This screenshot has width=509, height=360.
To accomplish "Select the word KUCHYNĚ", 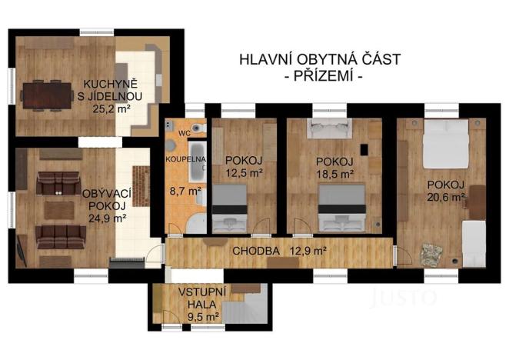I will (101, 84).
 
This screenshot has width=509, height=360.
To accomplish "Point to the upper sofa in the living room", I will (58, 182).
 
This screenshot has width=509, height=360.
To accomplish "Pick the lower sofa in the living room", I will (58, 232).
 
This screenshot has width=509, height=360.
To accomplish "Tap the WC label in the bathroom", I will (184, 133).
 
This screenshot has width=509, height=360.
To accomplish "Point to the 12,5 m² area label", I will (245, 173).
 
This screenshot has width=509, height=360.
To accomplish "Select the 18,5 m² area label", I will (335, 174).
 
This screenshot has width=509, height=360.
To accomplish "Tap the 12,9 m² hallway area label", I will (307, 250).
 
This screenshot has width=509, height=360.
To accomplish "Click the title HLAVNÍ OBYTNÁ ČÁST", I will (319, 59).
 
